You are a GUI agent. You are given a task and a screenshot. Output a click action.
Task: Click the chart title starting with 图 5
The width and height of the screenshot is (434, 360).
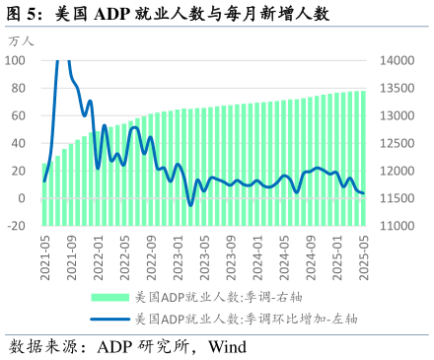pos(168,14)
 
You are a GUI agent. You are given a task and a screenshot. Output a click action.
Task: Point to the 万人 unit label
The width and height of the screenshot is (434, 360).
pos(21,42)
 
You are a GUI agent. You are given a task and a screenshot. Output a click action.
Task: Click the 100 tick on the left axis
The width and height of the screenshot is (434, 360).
pos(15,60)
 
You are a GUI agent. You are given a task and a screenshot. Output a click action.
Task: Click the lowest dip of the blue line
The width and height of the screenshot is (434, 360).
pos(190,205)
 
